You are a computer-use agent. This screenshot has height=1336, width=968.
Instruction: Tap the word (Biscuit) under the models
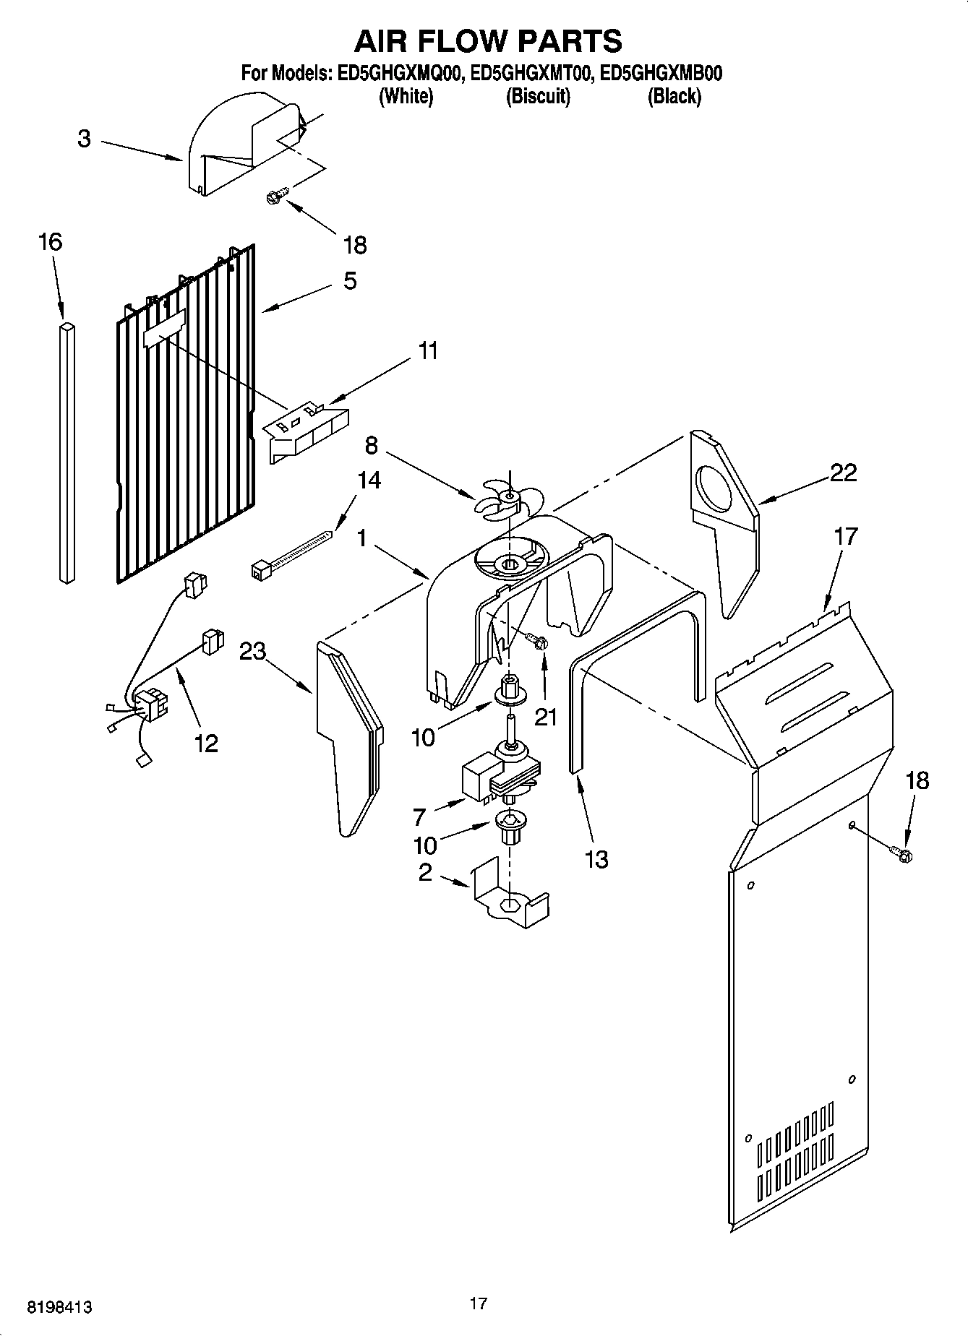click(537, 96)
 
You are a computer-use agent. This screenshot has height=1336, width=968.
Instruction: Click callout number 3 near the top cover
click(85, 139)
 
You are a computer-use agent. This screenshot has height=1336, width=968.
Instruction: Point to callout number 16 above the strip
click(50, 242)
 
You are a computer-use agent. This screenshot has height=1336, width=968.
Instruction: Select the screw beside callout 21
click(537, 641)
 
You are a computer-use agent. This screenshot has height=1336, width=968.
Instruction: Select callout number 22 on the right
click(843, 473)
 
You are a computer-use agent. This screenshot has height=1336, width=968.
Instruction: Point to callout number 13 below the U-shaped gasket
click(596, 860)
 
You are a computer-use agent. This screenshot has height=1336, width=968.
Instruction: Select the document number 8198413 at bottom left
click(59, 1307)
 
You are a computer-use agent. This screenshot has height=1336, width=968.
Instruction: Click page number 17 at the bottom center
click(478, 1303)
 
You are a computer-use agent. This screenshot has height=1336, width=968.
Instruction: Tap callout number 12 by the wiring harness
click(206, 743)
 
